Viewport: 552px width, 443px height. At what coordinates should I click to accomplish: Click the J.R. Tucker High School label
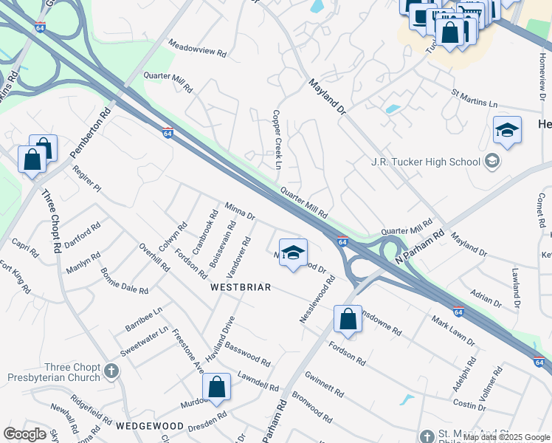[425, 162]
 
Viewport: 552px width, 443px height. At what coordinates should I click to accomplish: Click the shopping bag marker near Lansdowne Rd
[348, 320]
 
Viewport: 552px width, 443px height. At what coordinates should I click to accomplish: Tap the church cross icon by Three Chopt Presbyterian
[111, 371]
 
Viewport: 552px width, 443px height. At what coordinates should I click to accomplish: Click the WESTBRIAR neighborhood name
[241, 286]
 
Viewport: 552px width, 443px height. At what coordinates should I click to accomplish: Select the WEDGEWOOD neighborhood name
[149, 426]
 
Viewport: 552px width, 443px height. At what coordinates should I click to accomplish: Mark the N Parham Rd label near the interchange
[418, 247]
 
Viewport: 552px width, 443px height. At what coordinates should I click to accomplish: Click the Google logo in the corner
[25, 434]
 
